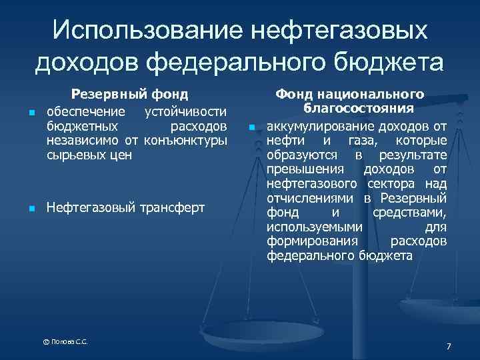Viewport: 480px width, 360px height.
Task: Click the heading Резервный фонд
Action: pyautogui.click(x=130, y=95)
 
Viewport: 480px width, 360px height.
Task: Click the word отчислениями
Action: pyautogui.click(x=312, y=198)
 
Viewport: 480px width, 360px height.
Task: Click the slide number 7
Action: pyautogui.click(x=449, y=346)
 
